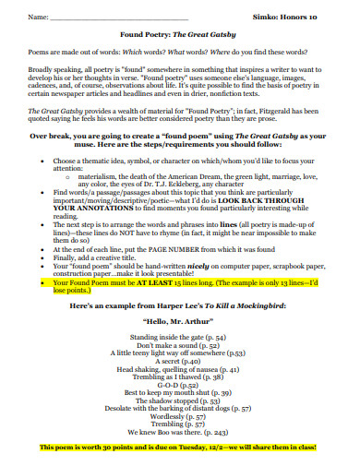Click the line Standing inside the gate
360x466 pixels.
(180, 337)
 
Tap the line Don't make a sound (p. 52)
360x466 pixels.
(180, 344)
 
